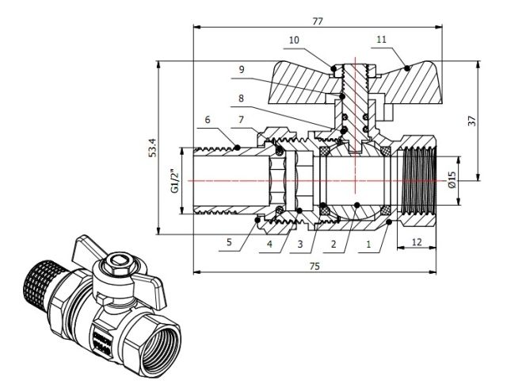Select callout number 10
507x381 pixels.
294,39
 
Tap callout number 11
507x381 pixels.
381,39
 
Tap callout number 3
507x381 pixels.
300,244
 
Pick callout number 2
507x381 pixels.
334,244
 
